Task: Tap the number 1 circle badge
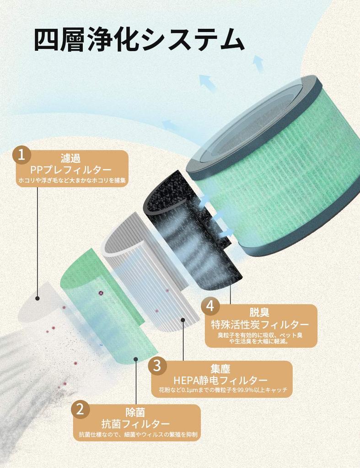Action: [21, 155]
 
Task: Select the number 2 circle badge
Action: [80, 409]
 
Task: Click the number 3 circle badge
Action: [157, 366]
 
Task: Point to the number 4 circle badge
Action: [210, 306]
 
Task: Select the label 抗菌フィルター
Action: [136, 424]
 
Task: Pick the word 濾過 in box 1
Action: [70, 158]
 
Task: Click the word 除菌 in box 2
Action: [136, 412]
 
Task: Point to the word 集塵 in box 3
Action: [220, 369]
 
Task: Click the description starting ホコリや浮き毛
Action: [72, 181]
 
